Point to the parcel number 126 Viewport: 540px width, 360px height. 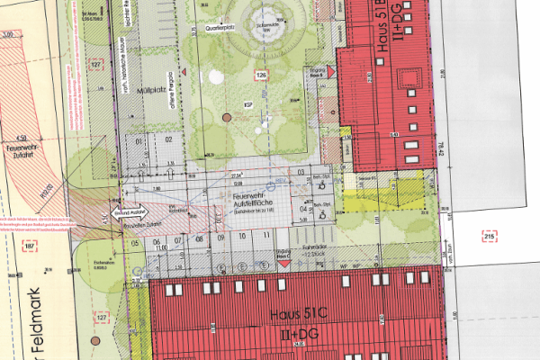click(261, 75)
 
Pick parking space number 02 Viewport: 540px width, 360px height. click(167, 139)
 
